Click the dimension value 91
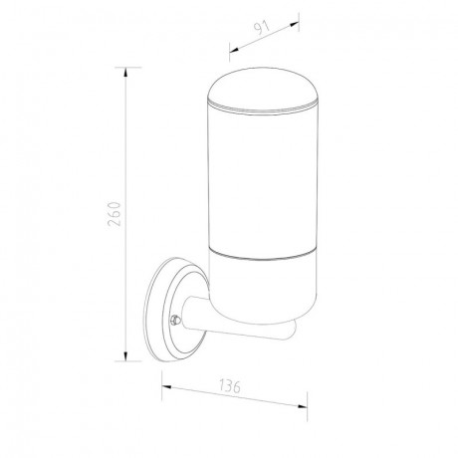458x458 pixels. [x=263, y=28]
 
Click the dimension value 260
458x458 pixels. [x=114, y=214]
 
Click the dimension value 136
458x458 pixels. [x=230, y=386]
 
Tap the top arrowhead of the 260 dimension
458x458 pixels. [x=125, y=72]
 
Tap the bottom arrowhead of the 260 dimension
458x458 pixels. [x=125, y=356]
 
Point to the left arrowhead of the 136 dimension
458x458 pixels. [x=166, y=386]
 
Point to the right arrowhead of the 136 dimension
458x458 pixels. [x=303, y=406]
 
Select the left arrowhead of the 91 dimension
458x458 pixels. [x=234, y=50]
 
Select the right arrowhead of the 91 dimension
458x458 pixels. [x=295, y=24]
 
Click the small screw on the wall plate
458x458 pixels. [x=175, y=320]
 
